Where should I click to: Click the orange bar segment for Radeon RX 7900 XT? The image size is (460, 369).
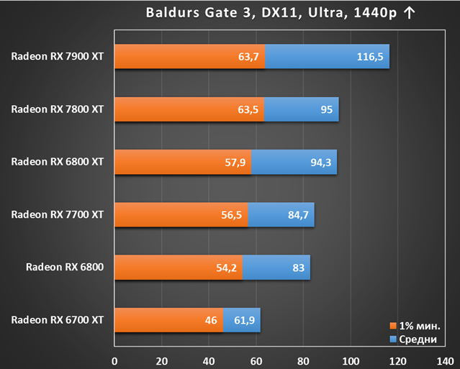point(190,56)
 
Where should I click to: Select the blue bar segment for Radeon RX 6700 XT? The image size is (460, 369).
point(242,320)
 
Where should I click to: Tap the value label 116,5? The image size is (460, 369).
point(370,57)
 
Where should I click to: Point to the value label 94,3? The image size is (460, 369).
point(320,162)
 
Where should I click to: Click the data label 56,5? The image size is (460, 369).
point(232,215)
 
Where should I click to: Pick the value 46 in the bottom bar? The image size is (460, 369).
point(211,320)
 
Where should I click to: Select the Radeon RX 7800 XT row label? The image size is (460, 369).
point(58,109)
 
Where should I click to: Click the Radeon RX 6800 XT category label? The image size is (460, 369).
point(58,162)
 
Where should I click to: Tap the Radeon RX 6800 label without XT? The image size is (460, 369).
point(65,267)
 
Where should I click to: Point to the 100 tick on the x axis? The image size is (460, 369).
point(351,361)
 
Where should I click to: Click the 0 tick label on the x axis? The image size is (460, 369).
point(114,361)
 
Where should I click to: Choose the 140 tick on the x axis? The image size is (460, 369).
point(445,361)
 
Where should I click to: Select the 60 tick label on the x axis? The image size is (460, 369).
point(256,361)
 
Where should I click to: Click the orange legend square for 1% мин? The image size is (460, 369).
point(393,326)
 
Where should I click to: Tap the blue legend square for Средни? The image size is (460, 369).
point(393,339)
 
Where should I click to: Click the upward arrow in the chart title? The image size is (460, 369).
point(409,13)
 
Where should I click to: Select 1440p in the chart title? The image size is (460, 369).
point(376,13)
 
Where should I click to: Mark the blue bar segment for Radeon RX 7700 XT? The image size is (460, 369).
point(281,214)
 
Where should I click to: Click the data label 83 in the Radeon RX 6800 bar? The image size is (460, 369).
point(298,268)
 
